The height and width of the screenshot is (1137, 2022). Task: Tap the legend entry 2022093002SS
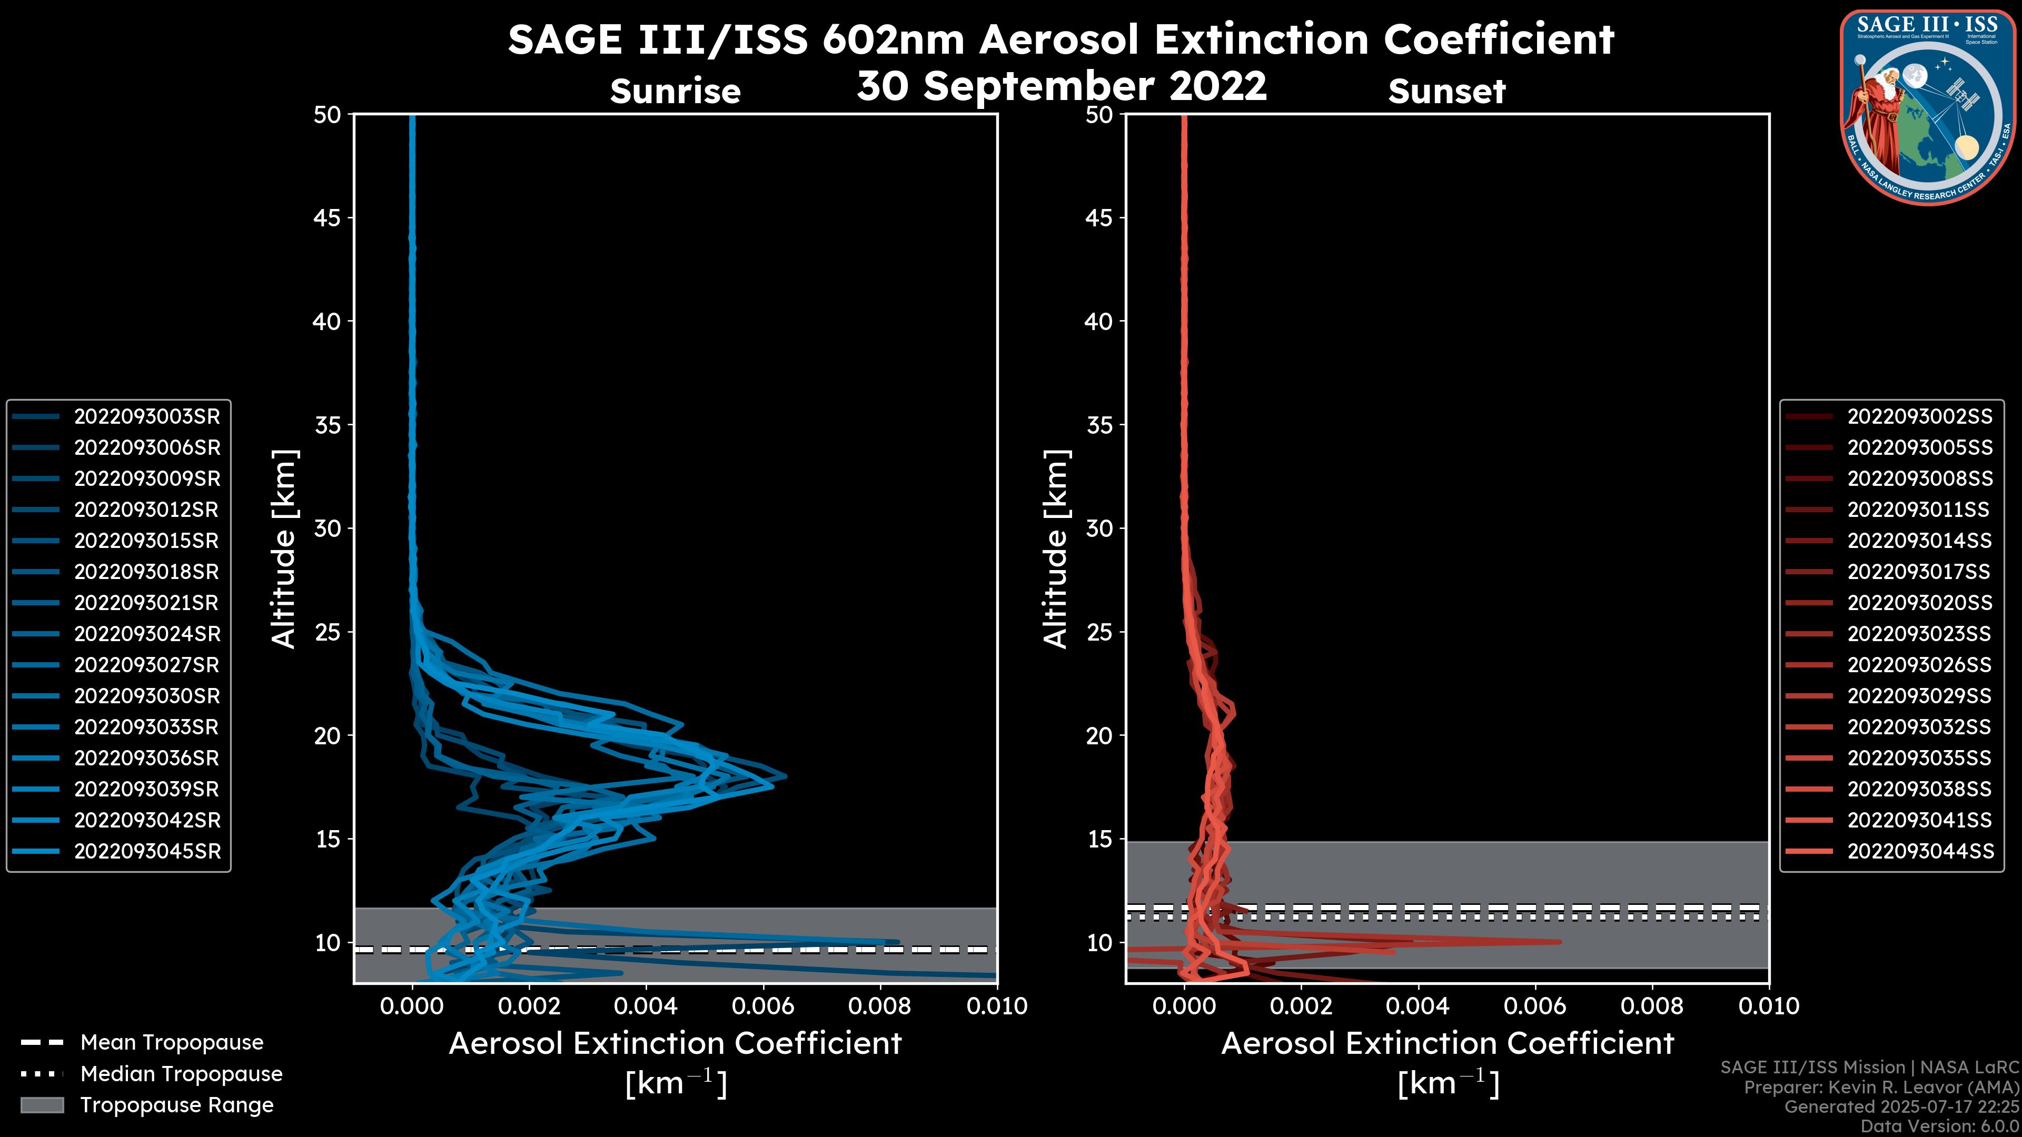click(x=1919, y=417)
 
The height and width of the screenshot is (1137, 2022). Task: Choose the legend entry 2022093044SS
click(x=1919, y=851)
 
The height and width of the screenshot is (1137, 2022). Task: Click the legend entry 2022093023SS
click(x=1919, y=634)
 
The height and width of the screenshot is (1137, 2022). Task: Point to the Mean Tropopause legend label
click(x=172, y=1043)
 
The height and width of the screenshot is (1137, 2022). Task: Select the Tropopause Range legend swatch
click(x=42, y=1105)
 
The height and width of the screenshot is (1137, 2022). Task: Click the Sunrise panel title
click(x=675, y=92)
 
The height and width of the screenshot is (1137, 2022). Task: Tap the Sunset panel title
click(x=1446, y=92)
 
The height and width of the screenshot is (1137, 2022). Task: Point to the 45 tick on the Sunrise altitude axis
click(x=328, y=218)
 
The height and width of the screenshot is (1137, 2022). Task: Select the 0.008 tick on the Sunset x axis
click(x=1652, y=1006)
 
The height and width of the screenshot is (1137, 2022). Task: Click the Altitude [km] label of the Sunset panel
click(x=1056, y=549)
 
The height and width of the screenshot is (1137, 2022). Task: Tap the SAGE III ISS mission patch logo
click(x=1929, y=107)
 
